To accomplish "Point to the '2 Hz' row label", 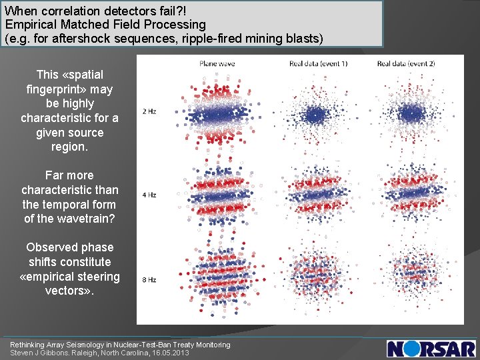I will point(149,111).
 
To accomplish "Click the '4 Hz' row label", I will point(149,195).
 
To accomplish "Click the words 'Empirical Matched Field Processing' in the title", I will point(105,25).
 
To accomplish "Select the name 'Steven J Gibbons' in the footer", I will point(40,353).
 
